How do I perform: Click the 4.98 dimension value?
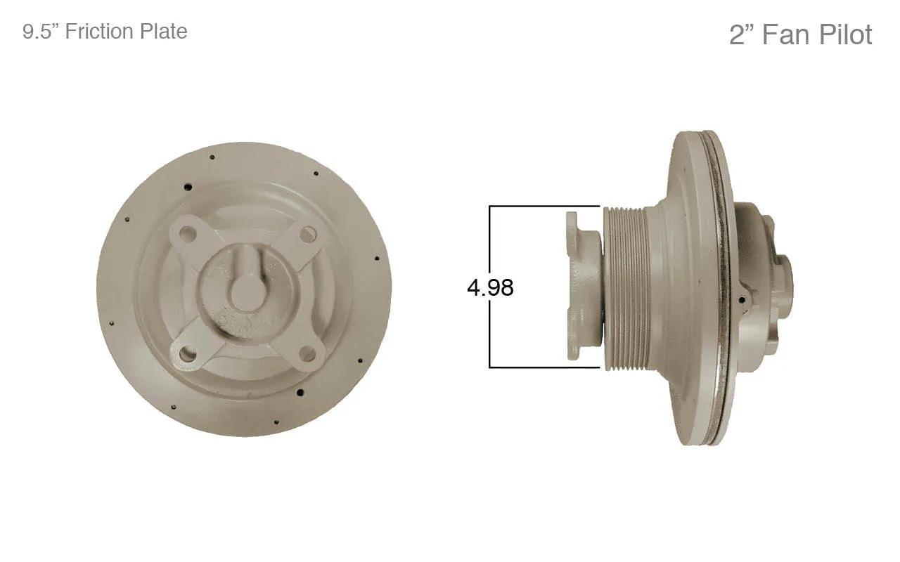click(490, 288)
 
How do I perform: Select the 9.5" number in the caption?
click(41, 32)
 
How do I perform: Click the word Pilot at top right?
click(846, 34)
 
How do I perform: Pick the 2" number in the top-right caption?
click(742, 35)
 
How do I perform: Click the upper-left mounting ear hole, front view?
click(187, 233)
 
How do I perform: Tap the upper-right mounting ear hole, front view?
click(308, 234)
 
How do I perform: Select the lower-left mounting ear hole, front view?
click(188, 354)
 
